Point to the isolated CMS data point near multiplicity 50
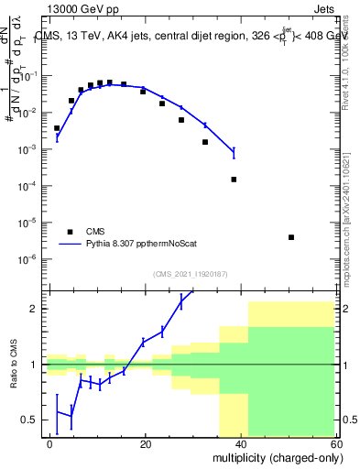pos(290,237)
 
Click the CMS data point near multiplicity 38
pos(234,180)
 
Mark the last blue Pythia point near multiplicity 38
pos(234,151)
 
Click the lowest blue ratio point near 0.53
pos(71,416)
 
